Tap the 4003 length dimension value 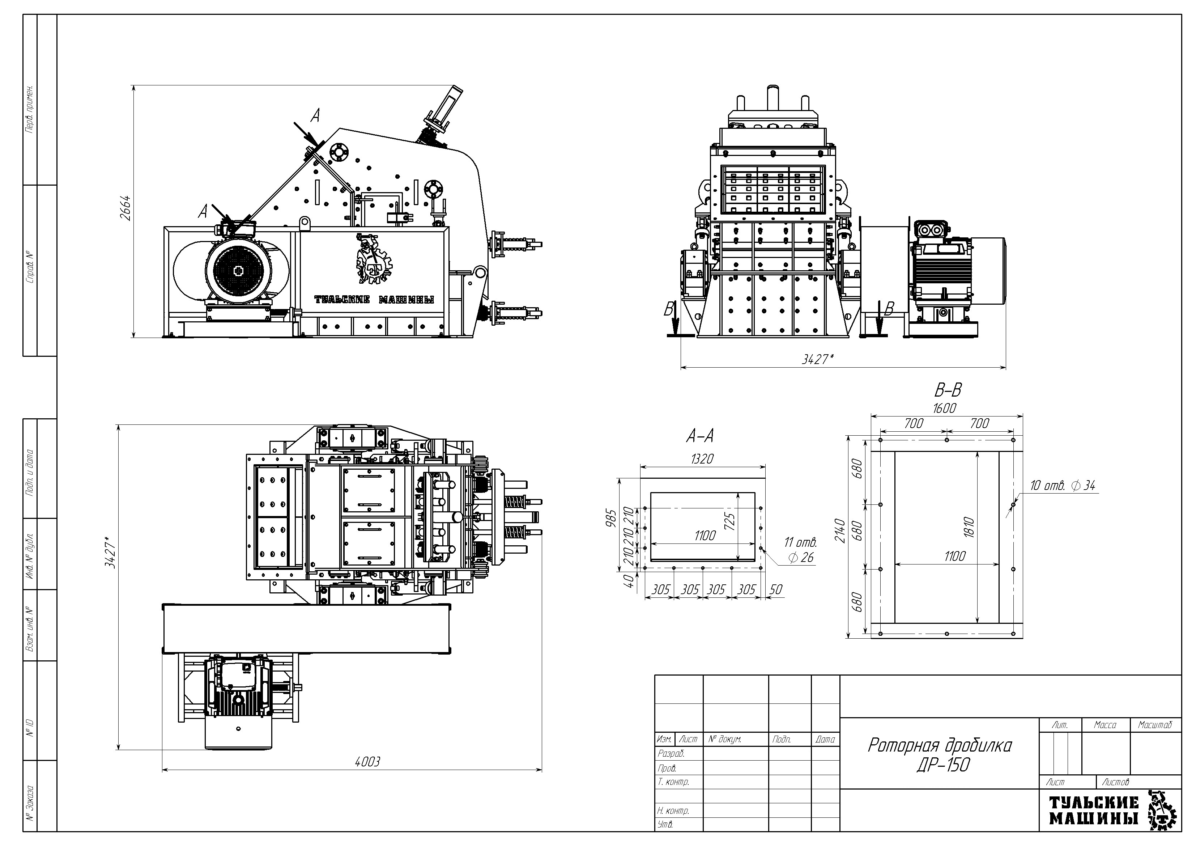(x=367, y=762)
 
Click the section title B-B (x=948, y=389)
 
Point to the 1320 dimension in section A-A (x=702, y=459)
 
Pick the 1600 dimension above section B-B (x=944, y=408)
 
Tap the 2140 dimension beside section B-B (x=839, y=530)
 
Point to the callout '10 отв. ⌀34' (x=1063, y=485)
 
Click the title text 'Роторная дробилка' (x=939, y=745)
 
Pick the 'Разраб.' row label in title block (x=672, y=753)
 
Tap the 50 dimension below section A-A (x=776, y=589)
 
